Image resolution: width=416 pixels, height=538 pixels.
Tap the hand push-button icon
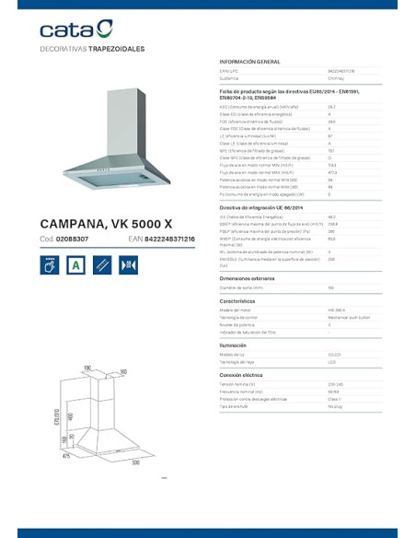click(x=51, y=264)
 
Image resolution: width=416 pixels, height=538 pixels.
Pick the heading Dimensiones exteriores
click(x=248, y=277)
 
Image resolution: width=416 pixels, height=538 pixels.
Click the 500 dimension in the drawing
click(x=135, y=462)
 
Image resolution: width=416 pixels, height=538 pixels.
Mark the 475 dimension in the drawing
click(x=65, y=454)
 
